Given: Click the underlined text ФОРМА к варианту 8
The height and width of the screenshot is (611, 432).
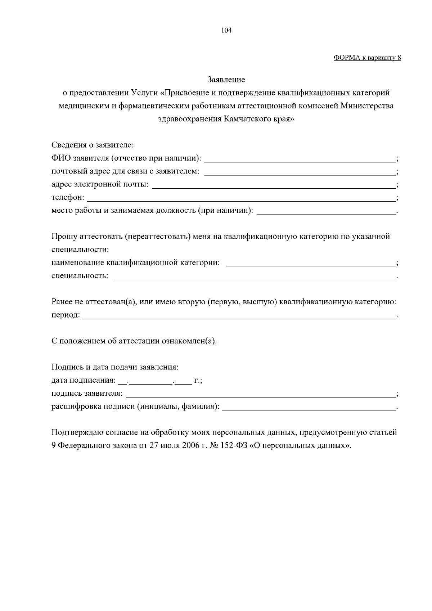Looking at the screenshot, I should click(367, 58).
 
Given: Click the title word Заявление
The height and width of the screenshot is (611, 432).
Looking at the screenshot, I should click(226, 80).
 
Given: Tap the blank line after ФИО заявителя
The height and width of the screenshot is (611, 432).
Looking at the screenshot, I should click(300, 158).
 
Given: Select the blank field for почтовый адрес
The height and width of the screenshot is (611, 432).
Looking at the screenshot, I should click(300, 172).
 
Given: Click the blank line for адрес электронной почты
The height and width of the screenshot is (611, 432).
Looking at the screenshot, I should click(274, 185).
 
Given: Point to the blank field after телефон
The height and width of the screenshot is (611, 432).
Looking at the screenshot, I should click(241, 198).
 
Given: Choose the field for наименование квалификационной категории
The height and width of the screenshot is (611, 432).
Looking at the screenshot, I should click(310, 263).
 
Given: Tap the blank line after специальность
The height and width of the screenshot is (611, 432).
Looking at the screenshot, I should click(254, 277).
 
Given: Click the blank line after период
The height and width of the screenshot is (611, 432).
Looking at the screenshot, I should click(239, 315).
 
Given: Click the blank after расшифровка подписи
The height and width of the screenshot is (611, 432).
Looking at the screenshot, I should click(309, 407).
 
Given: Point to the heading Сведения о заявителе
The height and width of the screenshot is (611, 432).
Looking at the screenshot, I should click(93, 145).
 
